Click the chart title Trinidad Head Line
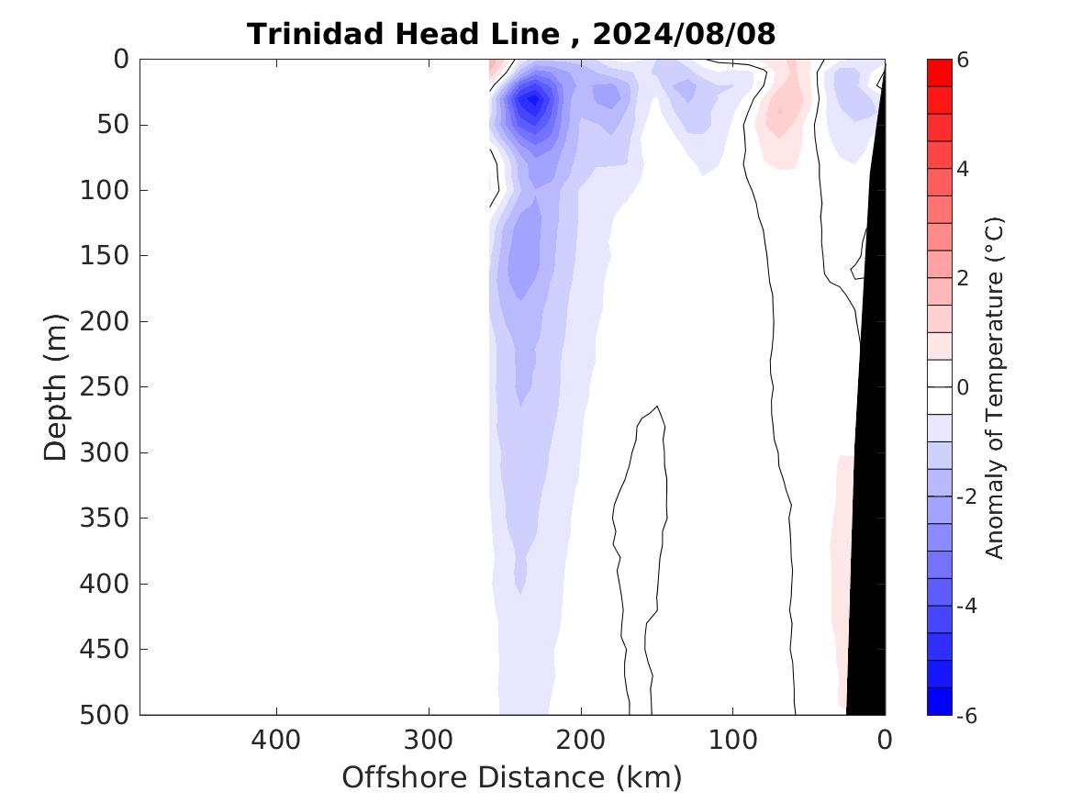[x=403, y=35]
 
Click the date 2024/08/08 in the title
[x=684, y=35]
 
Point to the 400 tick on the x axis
[x=275, y=739]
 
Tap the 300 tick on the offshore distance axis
[x=429, y=739]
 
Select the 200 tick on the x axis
[x=581, y=739]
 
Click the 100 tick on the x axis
[x=732, y=739]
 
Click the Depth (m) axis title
[x=56, y=387]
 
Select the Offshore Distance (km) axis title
[x=512, y=778]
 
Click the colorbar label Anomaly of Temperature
[x=995, y=387]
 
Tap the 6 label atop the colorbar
[x=963, y=61]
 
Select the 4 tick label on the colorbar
[x=963, y=169]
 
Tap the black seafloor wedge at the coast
[x=867, y=505]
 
